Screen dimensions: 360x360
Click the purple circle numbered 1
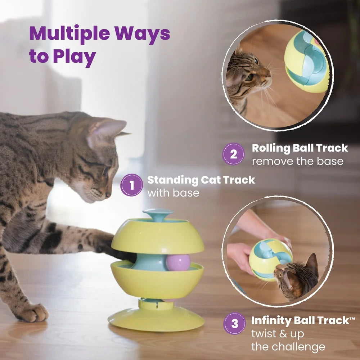pos(132,185)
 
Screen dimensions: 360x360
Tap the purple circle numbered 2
pos(234,154)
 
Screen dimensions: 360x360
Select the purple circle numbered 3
pos(234,323)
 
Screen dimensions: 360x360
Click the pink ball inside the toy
pos(177,262)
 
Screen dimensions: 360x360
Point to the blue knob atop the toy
pos(158,214)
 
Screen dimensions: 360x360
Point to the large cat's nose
pos(108,194)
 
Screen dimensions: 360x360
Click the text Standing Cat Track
pos(201,180)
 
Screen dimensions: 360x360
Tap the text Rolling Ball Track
pos(300,148)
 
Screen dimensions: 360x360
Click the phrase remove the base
pos(297,161)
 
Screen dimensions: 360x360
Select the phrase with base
pos(173,193)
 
